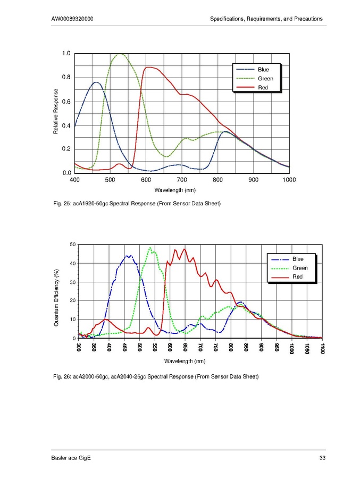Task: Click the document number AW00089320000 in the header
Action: click(73, 19)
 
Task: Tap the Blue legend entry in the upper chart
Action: click(263, 70)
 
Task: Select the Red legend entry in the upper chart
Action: click(263, 87)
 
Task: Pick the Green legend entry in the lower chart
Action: click(300, 268)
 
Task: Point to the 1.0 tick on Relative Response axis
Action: click(66, 54)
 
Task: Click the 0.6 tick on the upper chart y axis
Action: click(66, 102)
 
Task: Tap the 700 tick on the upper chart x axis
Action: click(182, 180)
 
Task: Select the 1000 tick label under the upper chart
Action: click(289, 180)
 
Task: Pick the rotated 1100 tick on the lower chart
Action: click(322, 348)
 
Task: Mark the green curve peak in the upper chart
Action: click(122, 54)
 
